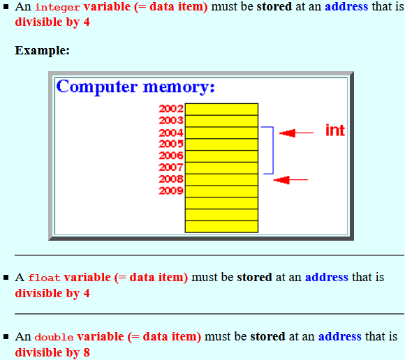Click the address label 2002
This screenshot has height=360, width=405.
[x=171, y=109]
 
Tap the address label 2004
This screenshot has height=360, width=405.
[x=171, y=133]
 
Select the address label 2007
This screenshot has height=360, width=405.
[x=171, y=167]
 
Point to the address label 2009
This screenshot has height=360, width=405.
[x=171, y=190]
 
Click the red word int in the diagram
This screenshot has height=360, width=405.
[x=335, y=130]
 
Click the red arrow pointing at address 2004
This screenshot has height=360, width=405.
[x=297, y=133]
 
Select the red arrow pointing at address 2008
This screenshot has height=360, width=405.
[x=290, y=179]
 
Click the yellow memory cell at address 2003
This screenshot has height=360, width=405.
[x=221, y=121]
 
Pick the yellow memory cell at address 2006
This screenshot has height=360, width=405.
[x=221, y=156]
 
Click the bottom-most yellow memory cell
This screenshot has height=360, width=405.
[x=221, y=227]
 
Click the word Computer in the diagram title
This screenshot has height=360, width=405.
[x=97, y=87]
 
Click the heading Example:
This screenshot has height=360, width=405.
[x=42, y=50]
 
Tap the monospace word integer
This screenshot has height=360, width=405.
[x=57, y=7]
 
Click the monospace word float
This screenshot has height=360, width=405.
[x=44, y=278]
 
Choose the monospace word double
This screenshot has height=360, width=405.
[x=54, y=337]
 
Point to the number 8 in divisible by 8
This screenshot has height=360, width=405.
[x=87, y=352]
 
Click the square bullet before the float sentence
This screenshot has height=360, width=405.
[x=6, y=278]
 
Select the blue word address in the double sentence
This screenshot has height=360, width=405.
[x=340, y=336]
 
